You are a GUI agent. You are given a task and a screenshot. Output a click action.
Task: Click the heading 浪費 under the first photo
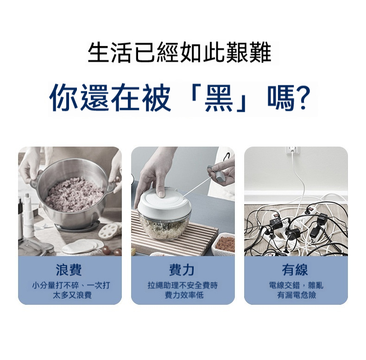[69, 270]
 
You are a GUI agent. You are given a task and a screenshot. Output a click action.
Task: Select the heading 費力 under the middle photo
[182, 270]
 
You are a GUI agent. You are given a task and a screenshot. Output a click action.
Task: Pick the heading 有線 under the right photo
[295, 270]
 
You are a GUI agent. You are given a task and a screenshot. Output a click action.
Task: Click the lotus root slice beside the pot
[109, 231]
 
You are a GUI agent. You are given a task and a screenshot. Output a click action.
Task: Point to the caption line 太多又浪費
[72, 295]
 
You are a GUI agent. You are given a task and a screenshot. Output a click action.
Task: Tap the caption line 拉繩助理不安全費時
[183, 285]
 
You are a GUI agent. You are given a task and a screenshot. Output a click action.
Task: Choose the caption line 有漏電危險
[297, 295]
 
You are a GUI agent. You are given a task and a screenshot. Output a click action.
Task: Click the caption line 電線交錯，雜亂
[296, 285]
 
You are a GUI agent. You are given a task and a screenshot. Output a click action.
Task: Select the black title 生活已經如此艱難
[179, 52]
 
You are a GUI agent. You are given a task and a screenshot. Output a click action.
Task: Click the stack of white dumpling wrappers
[83, 246]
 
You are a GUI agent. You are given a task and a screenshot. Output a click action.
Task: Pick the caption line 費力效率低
[184, 295]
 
